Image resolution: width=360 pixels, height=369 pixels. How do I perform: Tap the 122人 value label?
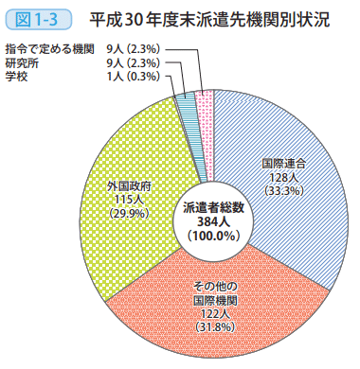pyautogui.click(x=214, y=313)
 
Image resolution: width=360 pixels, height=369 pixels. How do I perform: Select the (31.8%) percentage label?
pyautogui.click(x=214, y=327)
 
